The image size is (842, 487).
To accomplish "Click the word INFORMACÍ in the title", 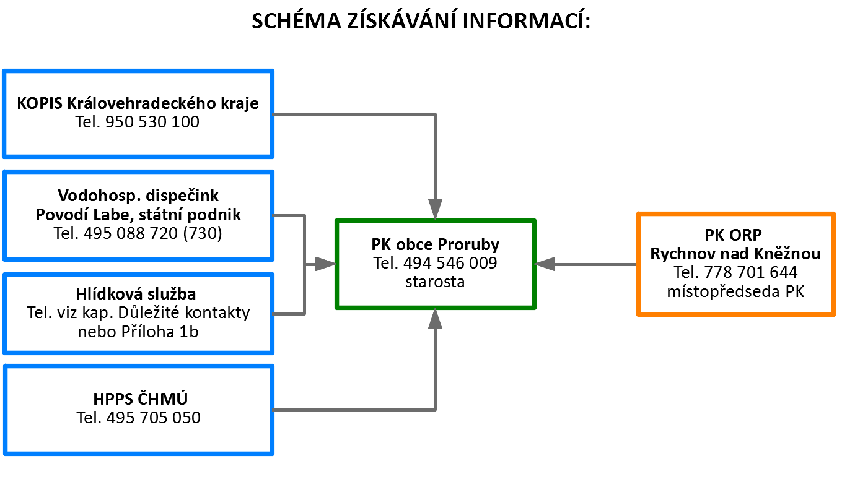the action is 526,20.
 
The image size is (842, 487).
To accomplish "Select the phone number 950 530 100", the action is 152,122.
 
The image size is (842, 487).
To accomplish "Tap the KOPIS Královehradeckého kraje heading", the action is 138,103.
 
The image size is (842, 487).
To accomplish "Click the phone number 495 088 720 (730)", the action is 152,233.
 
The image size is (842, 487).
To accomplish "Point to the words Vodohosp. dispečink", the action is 138,196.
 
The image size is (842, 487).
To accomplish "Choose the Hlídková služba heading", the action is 136,294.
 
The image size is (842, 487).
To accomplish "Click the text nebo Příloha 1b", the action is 138,332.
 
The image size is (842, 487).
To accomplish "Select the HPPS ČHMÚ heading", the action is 140,399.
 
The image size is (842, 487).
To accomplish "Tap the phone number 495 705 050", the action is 154,418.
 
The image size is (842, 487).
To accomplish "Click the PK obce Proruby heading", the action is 436,244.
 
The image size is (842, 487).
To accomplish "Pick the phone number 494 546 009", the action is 450,263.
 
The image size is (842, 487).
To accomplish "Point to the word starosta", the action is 435,282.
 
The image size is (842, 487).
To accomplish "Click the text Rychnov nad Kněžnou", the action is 735,254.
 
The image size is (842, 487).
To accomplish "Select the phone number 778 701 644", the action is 750,273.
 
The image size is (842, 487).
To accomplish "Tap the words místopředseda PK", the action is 735,291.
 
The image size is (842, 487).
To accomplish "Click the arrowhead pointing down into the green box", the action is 435,209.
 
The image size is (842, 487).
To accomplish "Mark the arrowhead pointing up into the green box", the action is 435,319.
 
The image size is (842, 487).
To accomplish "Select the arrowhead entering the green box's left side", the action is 325,264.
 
